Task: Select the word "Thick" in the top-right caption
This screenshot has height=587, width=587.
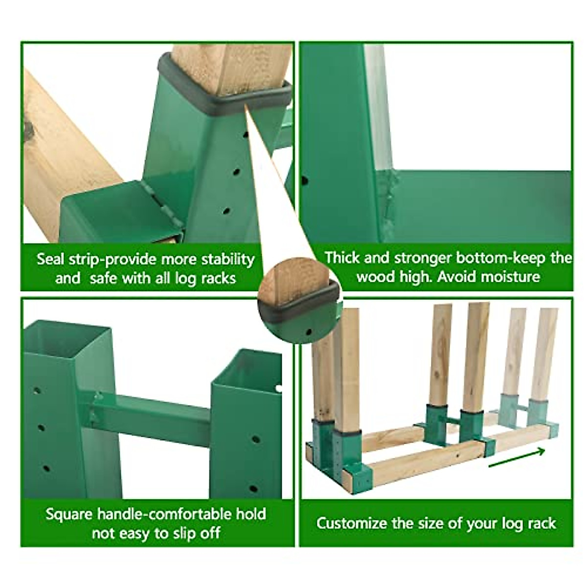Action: pos(342,258)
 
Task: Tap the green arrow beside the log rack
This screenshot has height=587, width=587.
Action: pos(517,458)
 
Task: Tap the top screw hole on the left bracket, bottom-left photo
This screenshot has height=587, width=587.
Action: pos(37,391)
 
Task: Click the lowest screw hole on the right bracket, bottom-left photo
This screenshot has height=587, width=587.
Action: pos(253,488)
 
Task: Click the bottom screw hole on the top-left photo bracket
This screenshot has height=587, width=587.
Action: pos(226,211)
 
